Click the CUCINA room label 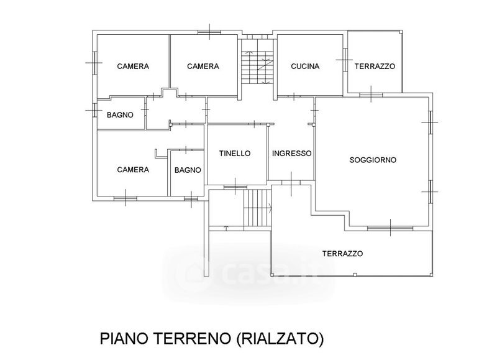304,67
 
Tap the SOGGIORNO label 373,160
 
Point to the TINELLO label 235,153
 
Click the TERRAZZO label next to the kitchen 375,67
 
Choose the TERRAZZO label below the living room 342,254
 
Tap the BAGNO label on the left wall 120,114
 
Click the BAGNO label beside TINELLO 187,170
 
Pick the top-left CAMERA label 133,67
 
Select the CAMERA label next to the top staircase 203,67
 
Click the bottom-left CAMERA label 133,169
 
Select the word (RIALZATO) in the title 280,339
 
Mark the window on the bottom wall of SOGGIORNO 380,229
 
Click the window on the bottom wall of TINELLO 235,186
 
